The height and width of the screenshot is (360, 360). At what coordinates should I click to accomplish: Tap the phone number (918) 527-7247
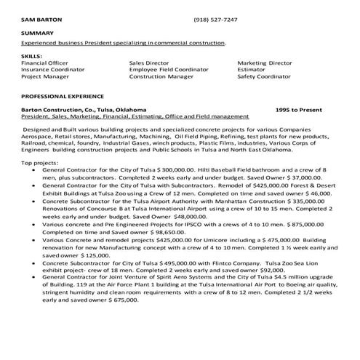215,19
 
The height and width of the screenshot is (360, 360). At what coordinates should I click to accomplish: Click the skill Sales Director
149,63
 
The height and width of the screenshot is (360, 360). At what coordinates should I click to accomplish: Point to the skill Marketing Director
265,63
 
